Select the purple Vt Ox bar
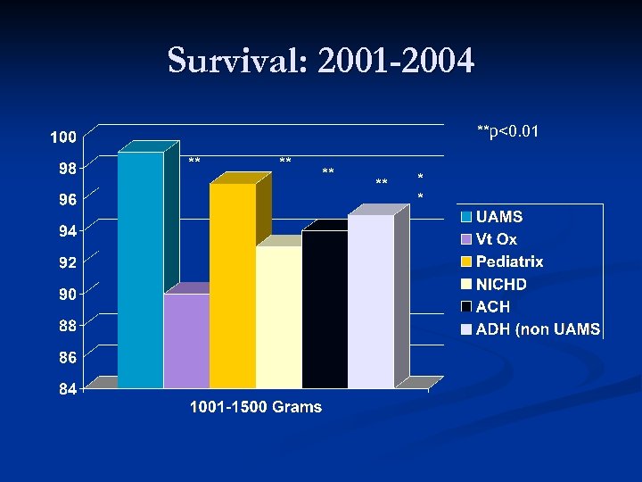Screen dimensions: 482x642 click(186, 340)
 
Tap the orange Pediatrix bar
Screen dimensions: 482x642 click(233, 286)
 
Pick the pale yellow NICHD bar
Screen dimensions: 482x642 click(279, 317)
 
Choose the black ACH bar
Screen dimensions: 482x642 click(325, 309)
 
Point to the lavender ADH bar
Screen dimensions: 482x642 click(371, 301)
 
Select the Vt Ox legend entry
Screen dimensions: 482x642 click(496, 239)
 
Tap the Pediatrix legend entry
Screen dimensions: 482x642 click(509, 262)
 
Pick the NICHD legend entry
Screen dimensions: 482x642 click(501, 285)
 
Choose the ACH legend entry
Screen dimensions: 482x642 click(493, 307)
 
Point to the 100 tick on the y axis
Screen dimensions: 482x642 click(62, 137)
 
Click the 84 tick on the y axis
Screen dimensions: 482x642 click(67, 389)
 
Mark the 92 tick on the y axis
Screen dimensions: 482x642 click(67, 263)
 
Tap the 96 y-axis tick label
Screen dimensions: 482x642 click(67, 200)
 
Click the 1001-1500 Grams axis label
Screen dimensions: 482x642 click(256, 408)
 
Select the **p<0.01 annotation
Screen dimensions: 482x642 click(507, 133)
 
